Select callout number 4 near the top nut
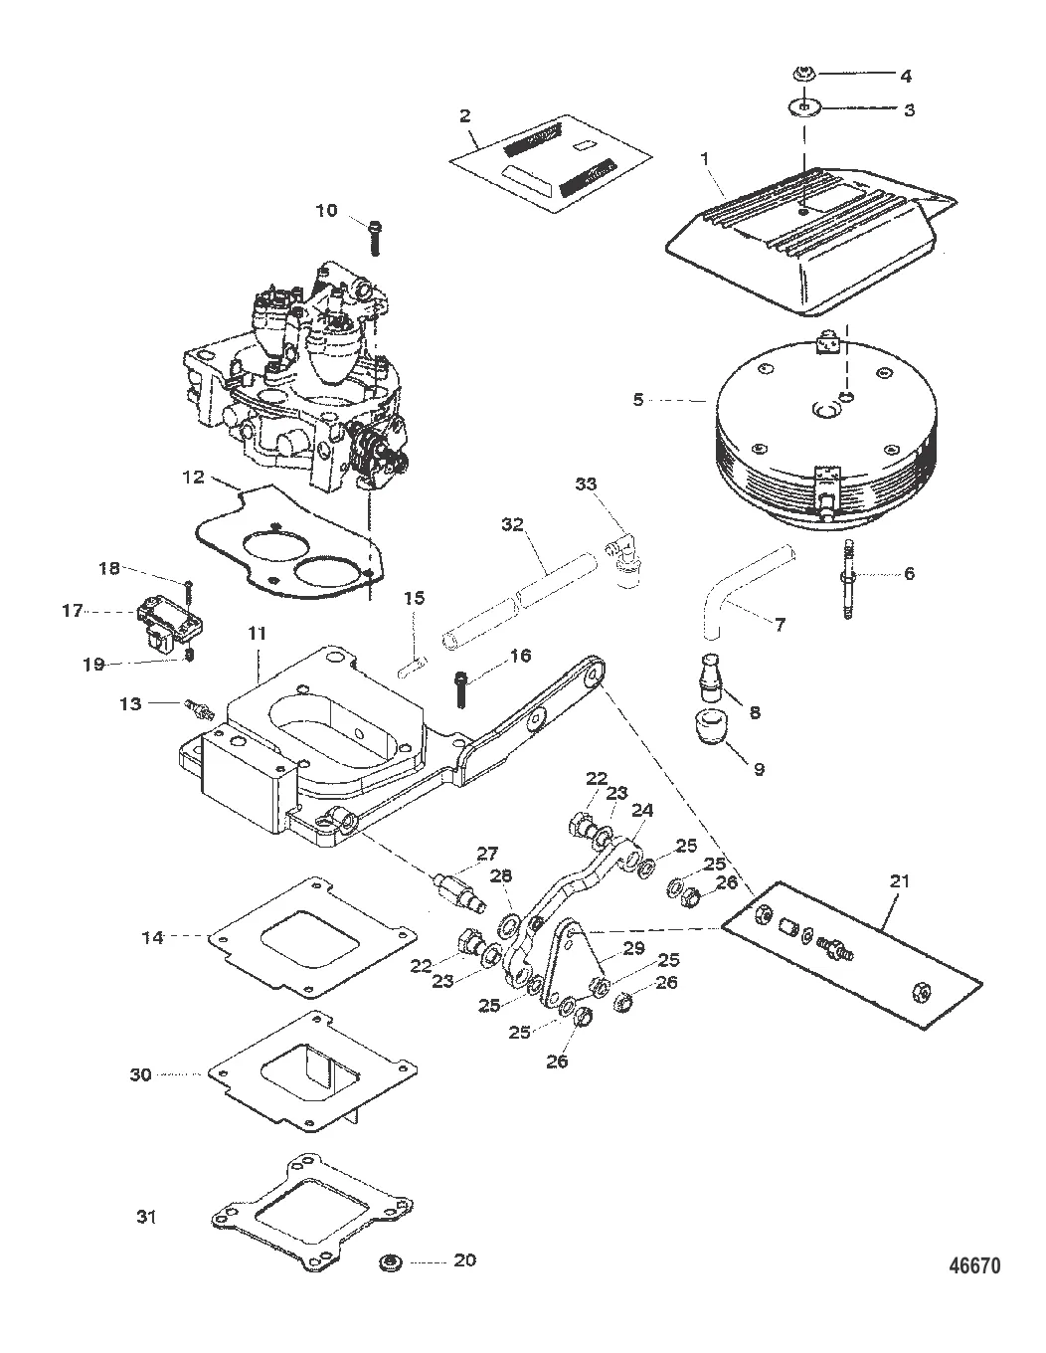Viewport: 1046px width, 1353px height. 905,76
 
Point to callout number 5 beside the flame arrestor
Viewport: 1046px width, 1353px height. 638,400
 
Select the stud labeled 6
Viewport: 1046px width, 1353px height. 849,580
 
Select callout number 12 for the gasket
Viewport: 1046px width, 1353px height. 193,477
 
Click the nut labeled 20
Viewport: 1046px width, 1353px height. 390,1264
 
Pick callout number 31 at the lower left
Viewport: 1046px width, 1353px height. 146,1217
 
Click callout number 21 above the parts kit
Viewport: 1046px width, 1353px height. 903,880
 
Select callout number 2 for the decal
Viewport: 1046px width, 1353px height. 464,115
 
